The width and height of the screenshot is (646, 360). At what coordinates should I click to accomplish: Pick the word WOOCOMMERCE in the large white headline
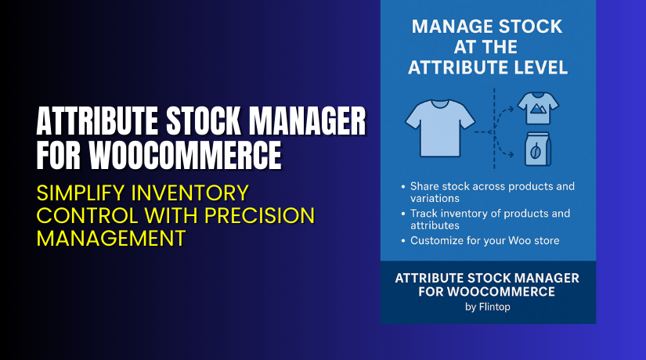coord(185,155)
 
